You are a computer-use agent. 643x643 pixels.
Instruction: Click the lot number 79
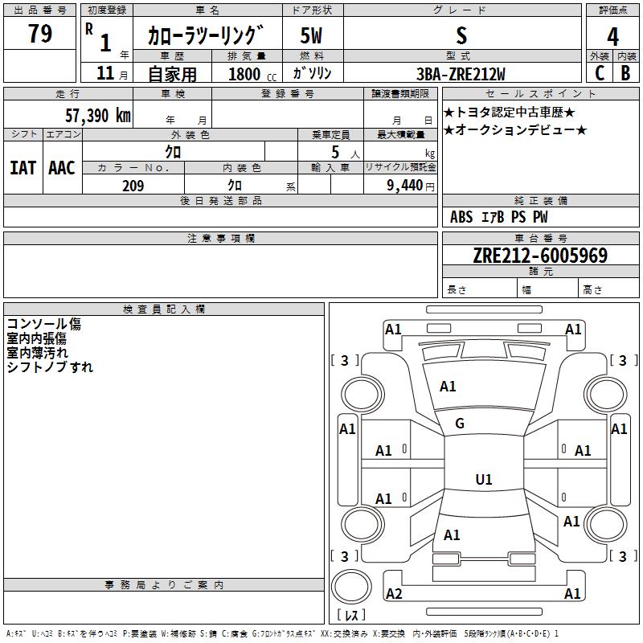[x=39, y=35]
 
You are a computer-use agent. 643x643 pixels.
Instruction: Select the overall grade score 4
[x=612, y=37]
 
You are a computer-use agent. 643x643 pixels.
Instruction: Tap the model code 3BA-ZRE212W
[x=461, y=74]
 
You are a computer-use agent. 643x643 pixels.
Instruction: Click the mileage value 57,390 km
[x=97, y=115]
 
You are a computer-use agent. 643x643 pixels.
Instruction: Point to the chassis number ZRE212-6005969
[x=539, y=256]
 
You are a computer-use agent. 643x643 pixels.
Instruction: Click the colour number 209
[x=133, y=186]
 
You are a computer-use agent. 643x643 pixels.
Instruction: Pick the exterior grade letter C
[x=599, y=73]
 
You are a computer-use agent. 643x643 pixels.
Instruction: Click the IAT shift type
[x=23, y=167]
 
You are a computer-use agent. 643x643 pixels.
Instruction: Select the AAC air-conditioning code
[x=61, y=167]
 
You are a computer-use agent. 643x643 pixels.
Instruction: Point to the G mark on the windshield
[x=460, y=424]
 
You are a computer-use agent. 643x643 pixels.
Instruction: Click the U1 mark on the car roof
[x=483, y=480]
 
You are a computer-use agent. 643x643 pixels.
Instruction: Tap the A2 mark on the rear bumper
[x=394, y=594]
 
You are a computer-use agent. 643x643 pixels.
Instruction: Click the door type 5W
[x=312, y=36]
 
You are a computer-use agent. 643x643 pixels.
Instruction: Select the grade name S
[x=461, y=36]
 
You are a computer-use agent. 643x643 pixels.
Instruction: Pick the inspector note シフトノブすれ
[x=50, y=367]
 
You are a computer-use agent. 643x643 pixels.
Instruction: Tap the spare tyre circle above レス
[x=351, y=588]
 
